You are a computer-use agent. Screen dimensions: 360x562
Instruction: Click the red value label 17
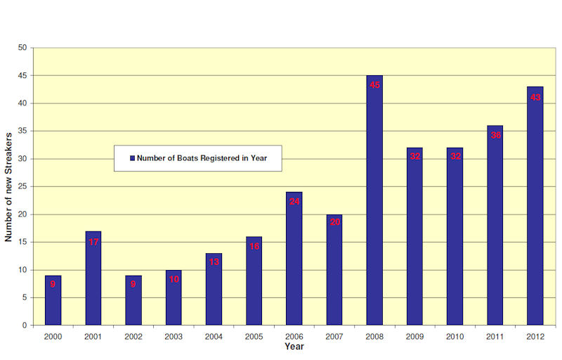pos(93,243)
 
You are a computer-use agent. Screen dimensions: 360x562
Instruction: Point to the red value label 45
pos(374,85)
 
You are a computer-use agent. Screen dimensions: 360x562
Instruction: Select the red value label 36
pos(495,135)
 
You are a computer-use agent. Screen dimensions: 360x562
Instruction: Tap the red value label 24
pos(294,202)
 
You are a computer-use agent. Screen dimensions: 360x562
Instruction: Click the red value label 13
pos(214,262)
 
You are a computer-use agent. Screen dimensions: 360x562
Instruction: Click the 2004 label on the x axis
pos(214,337)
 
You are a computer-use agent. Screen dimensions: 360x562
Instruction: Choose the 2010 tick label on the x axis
pos(455,337)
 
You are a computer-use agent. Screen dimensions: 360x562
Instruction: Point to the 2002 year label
pos(133,337)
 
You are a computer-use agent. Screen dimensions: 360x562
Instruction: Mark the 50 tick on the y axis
pos(22,48)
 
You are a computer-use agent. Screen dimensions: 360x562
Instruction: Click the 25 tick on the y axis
pos(22,186)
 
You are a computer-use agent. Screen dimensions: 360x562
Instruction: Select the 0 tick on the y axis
pos(25,326)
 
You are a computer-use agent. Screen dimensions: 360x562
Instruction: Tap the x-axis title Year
pos(294,347)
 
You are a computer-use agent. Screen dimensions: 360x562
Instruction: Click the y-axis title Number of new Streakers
pos(8,186)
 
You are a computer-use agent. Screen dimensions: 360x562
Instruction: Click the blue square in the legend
pos(131,159)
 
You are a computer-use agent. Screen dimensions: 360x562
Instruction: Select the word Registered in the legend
pos(215,159)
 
